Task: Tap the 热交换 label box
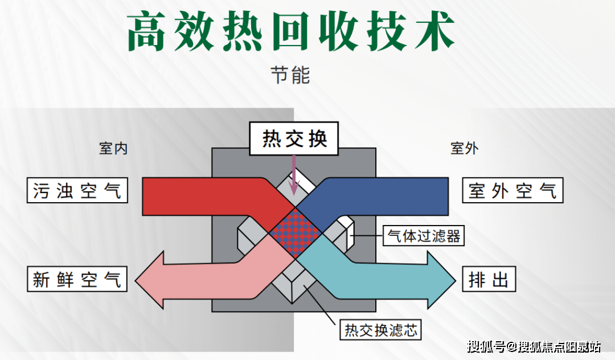coord(294,138)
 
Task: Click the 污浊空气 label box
coord(77,190)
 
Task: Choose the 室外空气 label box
coord(512,190)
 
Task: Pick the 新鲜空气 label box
coord(77,280)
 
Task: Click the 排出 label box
coord(489,280)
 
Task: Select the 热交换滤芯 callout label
coord(382,330)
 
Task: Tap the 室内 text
coord(113,149)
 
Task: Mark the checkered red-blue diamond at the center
coord(295,230)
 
